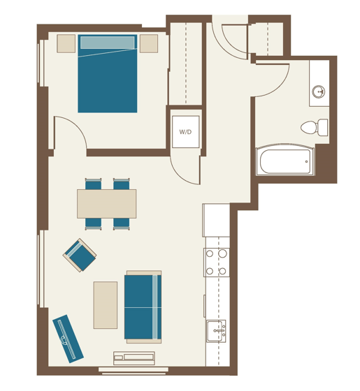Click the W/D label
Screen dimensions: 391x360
point(185,132)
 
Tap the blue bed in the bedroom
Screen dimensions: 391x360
point(107,80)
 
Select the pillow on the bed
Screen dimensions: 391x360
point(107,43)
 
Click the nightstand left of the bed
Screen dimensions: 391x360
point(66,43)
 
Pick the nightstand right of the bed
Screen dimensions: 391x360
point(148,43)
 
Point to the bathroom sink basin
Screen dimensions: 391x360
point(318,91)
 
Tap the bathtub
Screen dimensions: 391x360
point(284,161)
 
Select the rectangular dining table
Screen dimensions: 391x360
point(106,203)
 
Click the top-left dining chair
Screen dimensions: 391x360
point(93,184)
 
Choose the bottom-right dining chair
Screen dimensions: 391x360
point(122,223)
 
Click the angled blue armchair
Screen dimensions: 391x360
point(80,256)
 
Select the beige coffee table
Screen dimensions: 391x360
point(106,304)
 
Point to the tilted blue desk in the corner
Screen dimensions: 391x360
point(69,339)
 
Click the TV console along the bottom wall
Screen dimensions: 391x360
point(134,358)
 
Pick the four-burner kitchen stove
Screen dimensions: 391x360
point(217,262)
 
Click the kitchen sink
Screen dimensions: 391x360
point(215,330)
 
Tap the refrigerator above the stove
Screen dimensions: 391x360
point(216,220)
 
